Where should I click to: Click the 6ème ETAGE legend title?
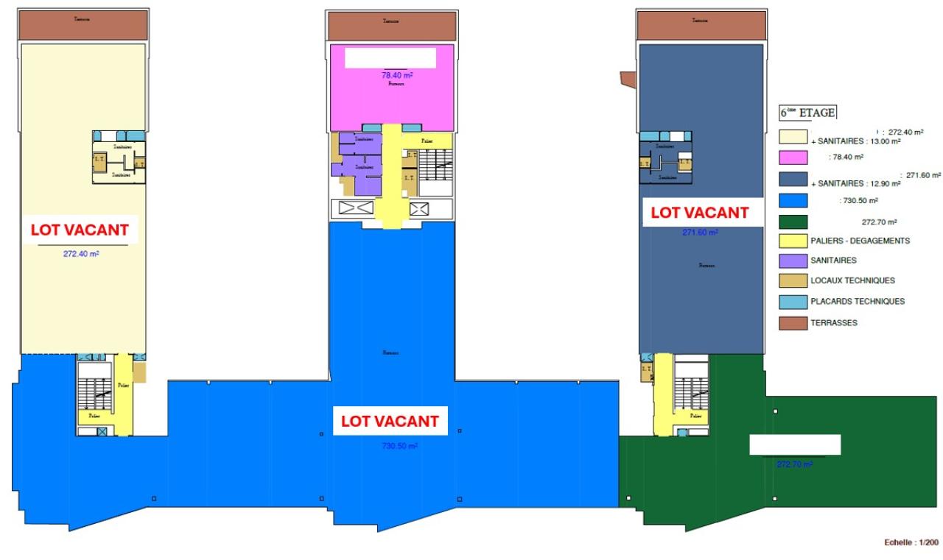pyautogui.click(x=807, y=113)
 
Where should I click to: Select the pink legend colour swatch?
pyautogui.click(x=793, y=157)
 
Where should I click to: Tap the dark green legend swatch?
pyautogui.click(x=793, y=221)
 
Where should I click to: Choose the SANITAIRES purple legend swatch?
pyautogui.click(x=793, y=260)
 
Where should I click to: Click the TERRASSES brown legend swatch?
pyautogui.click(x=793, y=322)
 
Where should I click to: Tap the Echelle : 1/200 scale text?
pyautogui.click(x=911, y=543)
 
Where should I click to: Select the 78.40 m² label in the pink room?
pyautogui.click(x=396, y=74)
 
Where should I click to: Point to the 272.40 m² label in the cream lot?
pyautogui.click(x=81, y=254)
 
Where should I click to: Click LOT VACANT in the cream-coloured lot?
pyautogui.click(x=80, y=230)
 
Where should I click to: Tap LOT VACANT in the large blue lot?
pyautogui.click(x=389, y=422)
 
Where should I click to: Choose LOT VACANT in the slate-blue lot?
pyautogui.click(x=699, y=213)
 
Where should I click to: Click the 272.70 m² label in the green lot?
pyautogui.click(x=794, y=464)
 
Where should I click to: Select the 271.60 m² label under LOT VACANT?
pyautogui.click(x=700, y=233)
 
